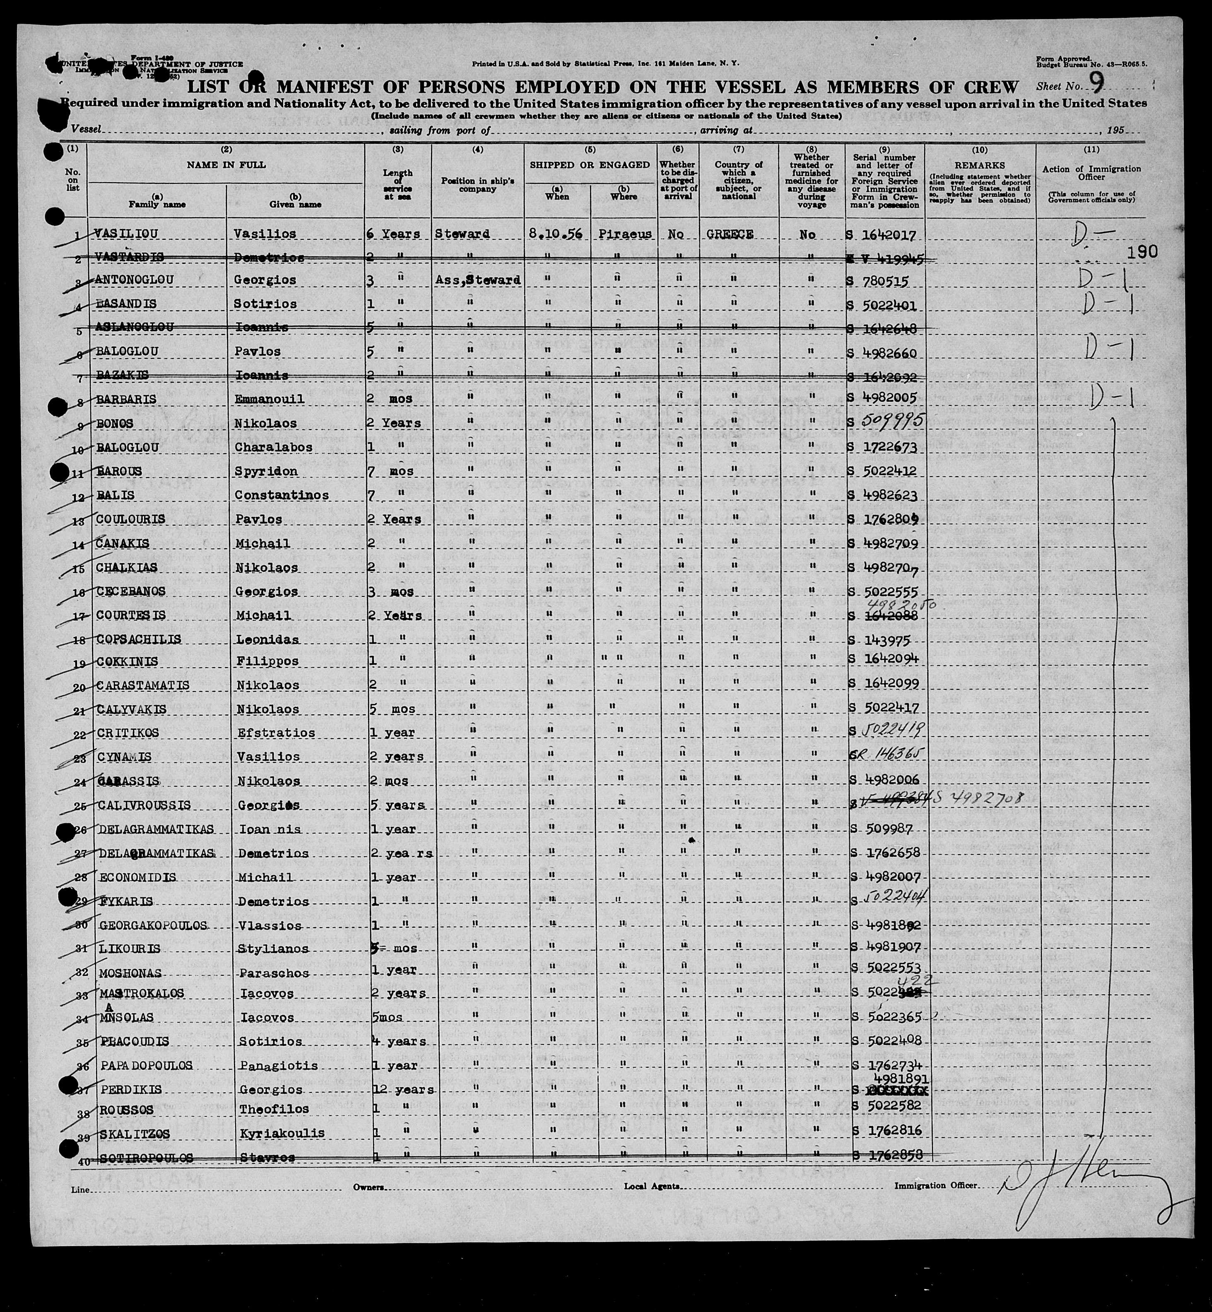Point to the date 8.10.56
click(x=556, y=234)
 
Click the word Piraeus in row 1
click(x=624, y=234)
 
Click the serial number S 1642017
click(x=885, y=234)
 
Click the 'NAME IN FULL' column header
click(x=226, y=165)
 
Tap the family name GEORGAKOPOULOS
click(x=153, y=926)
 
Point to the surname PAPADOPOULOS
click(x=146, y=1065)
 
